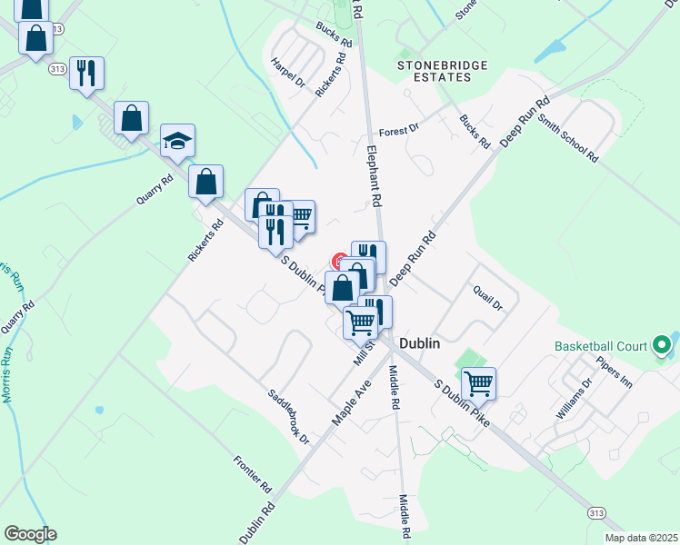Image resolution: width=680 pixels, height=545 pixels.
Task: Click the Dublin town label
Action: pos(419,344)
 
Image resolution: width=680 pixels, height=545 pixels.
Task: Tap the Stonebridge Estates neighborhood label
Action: pos(443,71)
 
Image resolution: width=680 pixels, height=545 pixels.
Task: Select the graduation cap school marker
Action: pos(178,141)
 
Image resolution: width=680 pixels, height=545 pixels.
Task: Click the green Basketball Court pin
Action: pos(662,345)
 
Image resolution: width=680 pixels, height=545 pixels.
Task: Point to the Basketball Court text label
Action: pos(601,346)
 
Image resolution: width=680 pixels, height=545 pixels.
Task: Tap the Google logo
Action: pos(30,534)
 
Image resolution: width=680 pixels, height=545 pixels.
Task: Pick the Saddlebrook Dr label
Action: pos(288,418)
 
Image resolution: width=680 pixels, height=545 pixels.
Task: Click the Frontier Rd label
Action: pos(252,469)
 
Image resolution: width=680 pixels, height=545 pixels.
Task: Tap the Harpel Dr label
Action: pos(287,72)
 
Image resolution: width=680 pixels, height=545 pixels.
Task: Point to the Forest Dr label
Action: pos(398,130)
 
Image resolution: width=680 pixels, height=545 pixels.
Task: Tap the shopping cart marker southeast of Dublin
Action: pos(478,383)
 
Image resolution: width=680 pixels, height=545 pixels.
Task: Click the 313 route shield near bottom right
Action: pos(596,513)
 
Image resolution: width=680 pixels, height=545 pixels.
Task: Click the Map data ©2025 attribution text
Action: pos(640,538)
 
